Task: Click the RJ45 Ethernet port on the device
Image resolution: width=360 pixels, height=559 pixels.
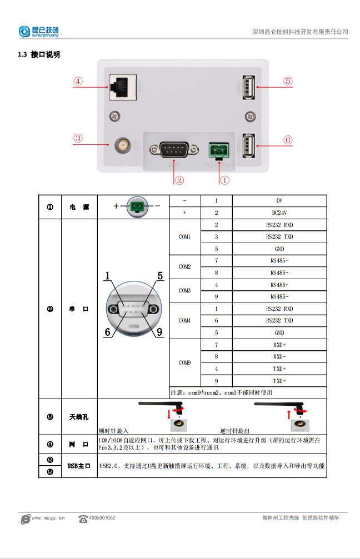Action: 121,87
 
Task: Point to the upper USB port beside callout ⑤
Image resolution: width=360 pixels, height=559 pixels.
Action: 247,87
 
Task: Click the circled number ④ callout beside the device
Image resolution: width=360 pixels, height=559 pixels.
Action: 78,81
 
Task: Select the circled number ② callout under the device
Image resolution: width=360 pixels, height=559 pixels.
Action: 179,180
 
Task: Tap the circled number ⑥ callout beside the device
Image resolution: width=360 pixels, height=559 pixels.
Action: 287,140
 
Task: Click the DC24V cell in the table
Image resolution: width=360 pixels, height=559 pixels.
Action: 279,213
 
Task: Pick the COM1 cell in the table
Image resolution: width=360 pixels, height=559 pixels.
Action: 184,236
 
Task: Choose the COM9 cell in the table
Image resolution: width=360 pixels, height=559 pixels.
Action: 184,363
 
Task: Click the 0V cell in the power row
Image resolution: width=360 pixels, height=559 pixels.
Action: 279,200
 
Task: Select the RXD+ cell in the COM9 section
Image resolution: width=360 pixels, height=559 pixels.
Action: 279,345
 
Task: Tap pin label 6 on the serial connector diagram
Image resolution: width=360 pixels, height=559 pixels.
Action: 108,332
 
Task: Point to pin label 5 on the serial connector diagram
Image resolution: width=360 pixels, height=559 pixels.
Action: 160,276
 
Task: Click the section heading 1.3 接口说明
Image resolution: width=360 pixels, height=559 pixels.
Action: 39,54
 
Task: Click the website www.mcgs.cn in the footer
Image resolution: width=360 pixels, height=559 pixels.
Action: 48,518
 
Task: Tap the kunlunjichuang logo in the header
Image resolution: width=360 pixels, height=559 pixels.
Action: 38,32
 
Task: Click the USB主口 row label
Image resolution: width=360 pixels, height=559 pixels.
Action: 79,466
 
